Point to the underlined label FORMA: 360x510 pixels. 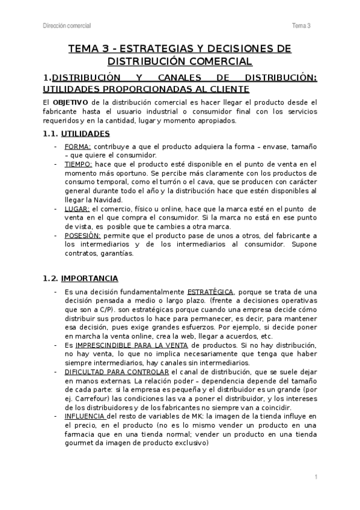(x=77, y=147)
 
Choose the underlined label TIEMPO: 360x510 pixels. (x=78, y=164)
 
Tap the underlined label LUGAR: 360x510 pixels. (x=76, y=208)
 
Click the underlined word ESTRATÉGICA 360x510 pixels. (x=211, y=292)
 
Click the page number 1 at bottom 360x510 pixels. (x=316, y=477)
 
